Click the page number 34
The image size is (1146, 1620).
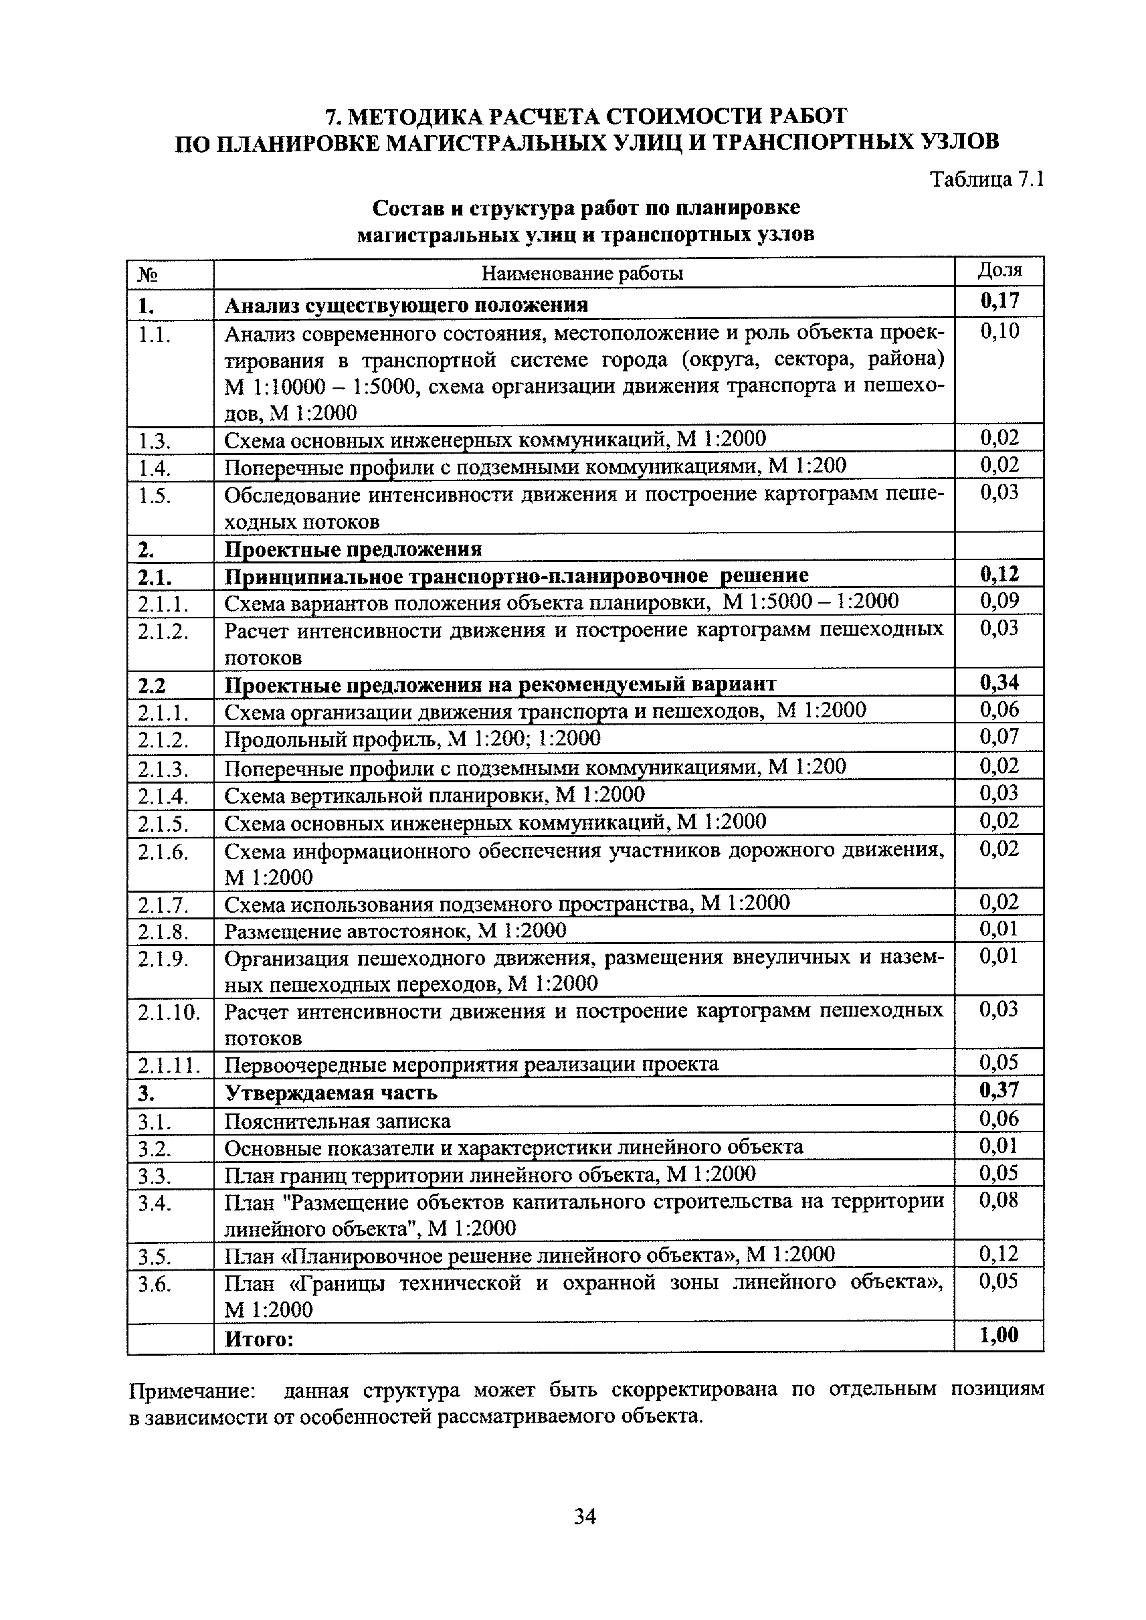pyautogui.click(x=585, y=1516)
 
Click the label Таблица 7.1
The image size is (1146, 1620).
pyautogui.click(x=987, y=179)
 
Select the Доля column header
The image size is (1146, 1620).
pyautogui.click(x=999, y=270)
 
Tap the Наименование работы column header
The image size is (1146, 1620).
pyautogui.click(x=582, y=273)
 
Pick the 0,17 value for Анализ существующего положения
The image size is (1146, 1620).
pyautogui.click(x=999, y=301)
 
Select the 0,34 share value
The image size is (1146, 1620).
pyautogui.click(x=999, y=683)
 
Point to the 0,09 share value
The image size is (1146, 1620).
pyautogui.click(x=999, y=601)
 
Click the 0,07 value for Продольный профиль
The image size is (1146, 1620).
pyautogui.click(x=999, y=737)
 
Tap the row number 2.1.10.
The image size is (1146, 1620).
pyautogui.click(x=169, y=1013)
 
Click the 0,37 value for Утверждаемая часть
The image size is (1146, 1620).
pyautogui.click(x=999, y=1091)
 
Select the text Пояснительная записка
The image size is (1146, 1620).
pyautogui.click(x=337, y=1121)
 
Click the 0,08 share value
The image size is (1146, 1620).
pyautogui.click(x=999, y=1200)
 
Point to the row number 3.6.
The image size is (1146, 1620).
pyautogui.click(x=155, y=1284)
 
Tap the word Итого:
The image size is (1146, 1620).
pyautogui.click(x=258, y=1338)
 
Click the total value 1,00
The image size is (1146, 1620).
pyautogui.click(x=999, y=1335)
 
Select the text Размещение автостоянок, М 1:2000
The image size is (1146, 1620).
pyautogui.click(x=395, y=931)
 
